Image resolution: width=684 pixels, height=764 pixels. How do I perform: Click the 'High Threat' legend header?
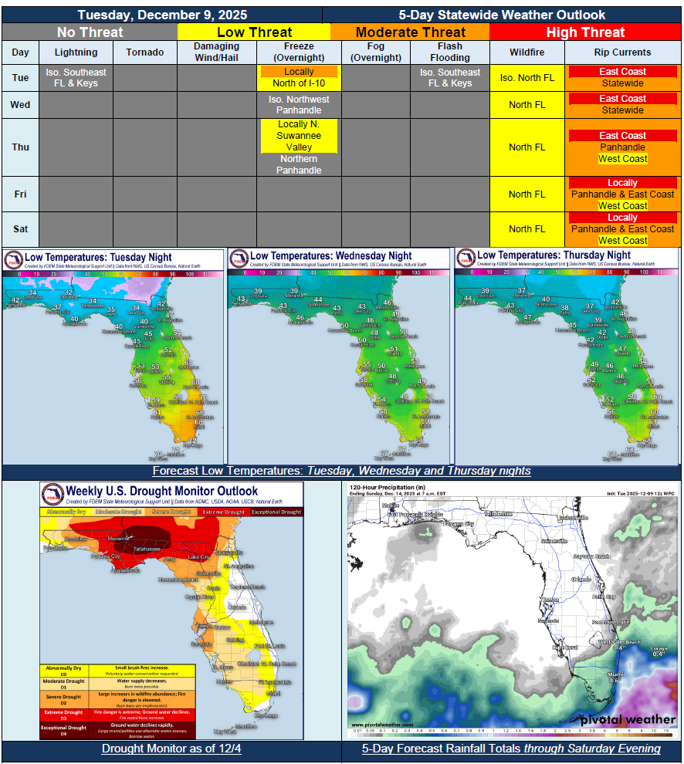point(586,32)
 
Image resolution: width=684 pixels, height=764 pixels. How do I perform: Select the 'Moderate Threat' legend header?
point(410,32)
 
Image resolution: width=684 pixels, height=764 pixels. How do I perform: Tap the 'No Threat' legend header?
point(90,32)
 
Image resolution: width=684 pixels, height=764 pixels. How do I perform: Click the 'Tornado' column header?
point(145,52)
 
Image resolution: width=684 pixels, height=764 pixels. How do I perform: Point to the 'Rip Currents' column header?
point(622,52)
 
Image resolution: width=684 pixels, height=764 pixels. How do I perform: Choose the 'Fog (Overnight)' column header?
point(376,52)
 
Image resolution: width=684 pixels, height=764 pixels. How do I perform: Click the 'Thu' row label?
point(20,147)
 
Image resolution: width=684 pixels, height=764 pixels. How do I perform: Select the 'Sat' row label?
point(20,229)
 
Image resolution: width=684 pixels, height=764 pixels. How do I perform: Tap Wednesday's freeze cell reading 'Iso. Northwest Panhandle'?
point(299,105)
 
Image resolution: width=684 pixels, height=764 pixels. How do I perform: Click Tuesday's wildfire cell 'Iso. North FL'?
point(527,78)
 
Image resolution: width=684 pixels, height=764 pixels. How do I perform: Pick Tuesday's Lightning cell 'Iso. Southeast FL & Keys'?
point(76,78)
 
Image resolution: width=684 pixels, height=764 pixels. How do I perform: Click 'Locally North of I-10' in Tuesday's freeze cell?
point(299,78)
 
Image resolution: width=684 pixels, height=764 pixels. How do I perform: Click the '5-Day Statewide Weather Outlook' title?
point(502,15)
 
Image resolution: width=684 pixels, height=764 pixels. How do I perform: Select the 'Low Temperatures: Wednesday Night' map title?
point(331,255)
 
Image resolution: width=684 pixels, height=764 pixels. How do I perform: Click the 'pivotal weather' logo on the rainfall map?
point(626,719)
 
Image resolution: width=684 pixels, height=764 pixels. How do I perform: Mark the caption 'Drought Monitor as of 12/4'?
point(171,749)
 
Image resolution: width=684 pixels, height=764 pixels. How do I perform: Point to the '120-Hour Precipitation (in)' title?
point(388,488)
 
